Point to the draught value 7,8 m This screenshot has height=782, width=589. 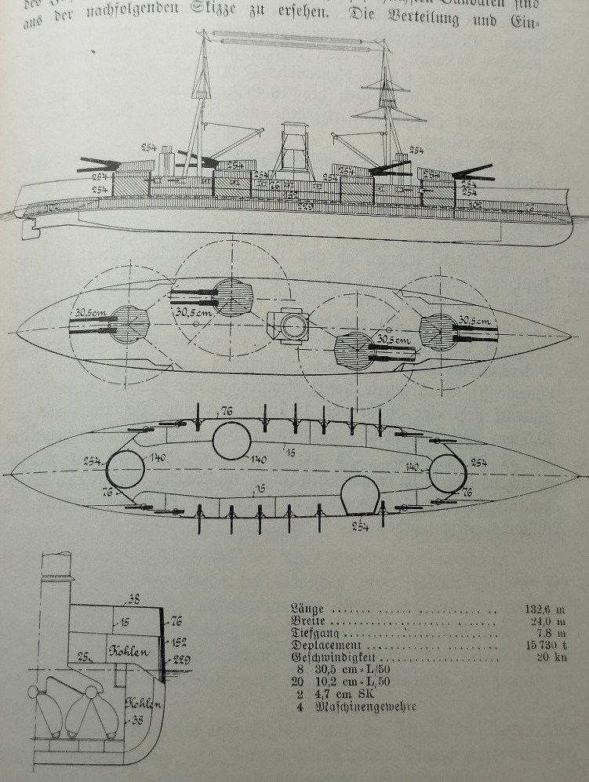click(551, 634)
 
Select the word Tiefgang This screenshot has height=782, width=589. click(314, 634)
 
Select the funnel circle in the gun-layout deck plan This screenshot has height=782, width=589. click(292, 326)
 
